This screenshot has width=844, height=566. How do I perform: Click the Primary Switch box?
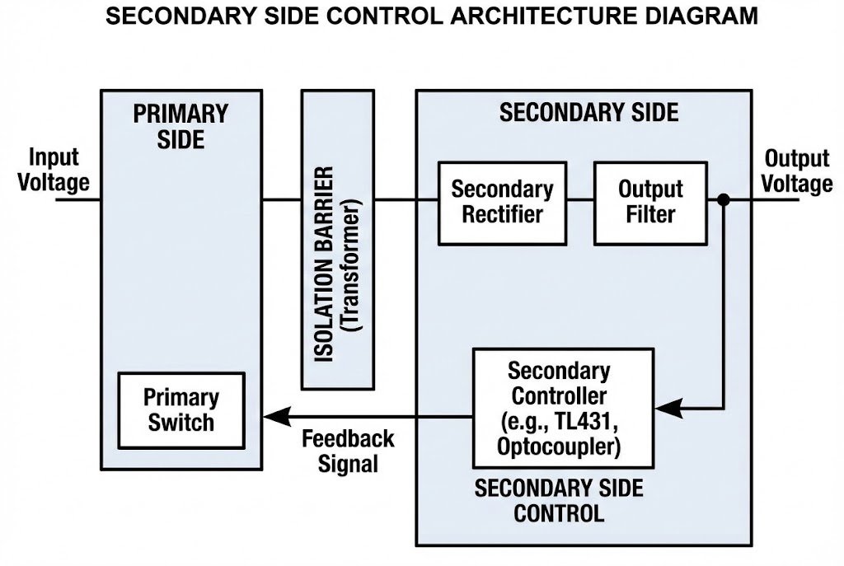pyautogui.click(x=181, y=410)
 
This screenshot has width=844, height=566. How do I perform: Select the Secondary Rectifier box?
pyautogui.click(x=502, y=202)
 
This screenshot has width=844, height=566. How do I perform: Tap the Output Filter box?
pyautogui.click(x=650, y=202)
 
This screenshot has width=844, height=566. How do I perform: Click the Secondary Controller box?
pyautogui.click(x=563, y=408)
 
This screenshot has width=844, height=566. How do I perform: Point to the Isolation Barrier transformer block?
pyautogui.click(x=337, y=239)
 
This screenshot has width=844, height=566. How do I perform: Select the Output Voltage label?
pyautogui.click(x=796, y=171)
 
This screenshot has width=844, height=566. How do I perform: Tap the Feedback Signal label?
pyautogui.click(x=348, y=451)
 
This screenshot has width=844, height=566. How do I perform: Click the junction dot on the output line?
pyautogui.click(x=723, y=200)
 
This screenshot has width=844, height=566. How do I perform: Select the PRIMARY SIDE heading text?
pyautogui.click(x=180, y=126)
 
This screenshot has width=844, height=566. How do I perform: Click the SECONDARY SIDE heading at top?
pyautogui.click(x=588, y=113)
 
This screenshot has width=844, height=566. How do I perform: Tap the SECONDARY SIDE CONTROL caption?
pyautogui.click(x=559, y=500)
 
